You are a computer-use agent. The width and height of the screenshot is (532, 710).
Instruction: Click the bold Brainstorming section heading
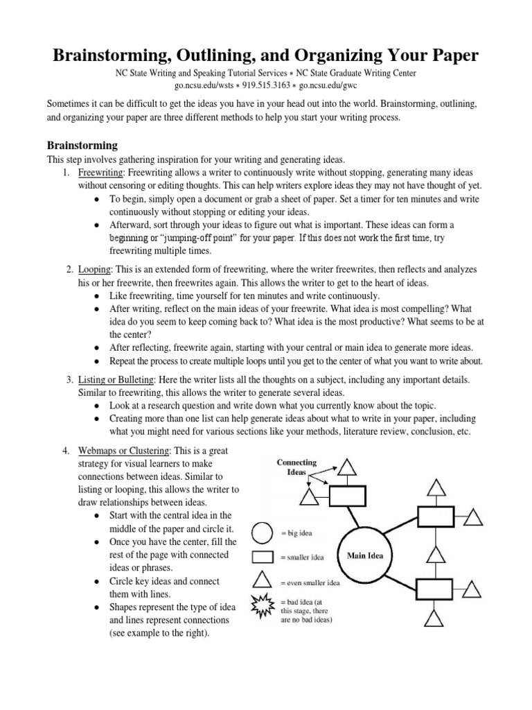(82, 146)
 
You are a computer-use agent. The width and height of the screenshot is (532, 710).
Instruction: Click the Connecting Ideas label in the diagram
(296, 467)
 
